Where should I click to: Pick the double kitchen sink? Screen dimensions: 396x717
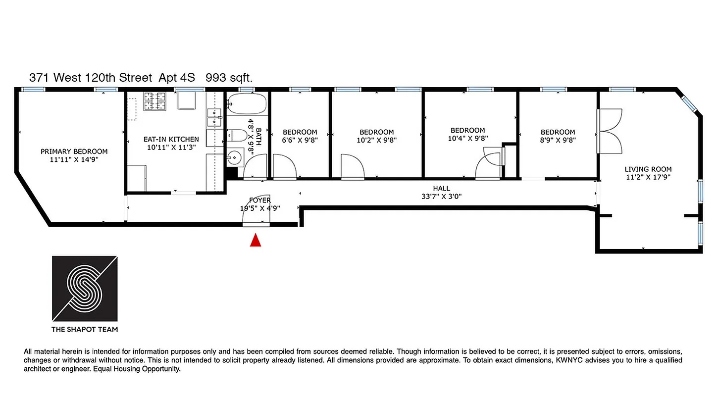[214, 117]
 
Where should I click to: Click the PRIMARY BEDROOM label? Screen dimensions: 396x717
[74, 151]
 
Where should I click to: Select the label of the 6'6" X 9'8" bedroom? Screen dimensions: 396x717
[300, 132]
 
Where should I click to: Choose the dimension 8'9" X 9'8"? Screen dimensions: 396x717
[558, 140]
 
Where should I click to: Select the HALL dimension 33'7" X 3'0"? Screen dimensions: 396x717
[441, 197]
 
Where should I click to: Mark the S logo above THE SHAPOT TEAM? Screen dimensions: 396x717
[85, 289]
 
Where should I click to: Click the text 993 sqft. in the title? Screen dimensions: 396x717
[232, 78]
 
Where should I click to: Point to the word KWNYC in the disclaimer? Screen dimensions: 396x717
[568, 360]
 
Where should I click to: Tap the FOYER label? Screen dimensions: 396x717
[260, 200]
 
